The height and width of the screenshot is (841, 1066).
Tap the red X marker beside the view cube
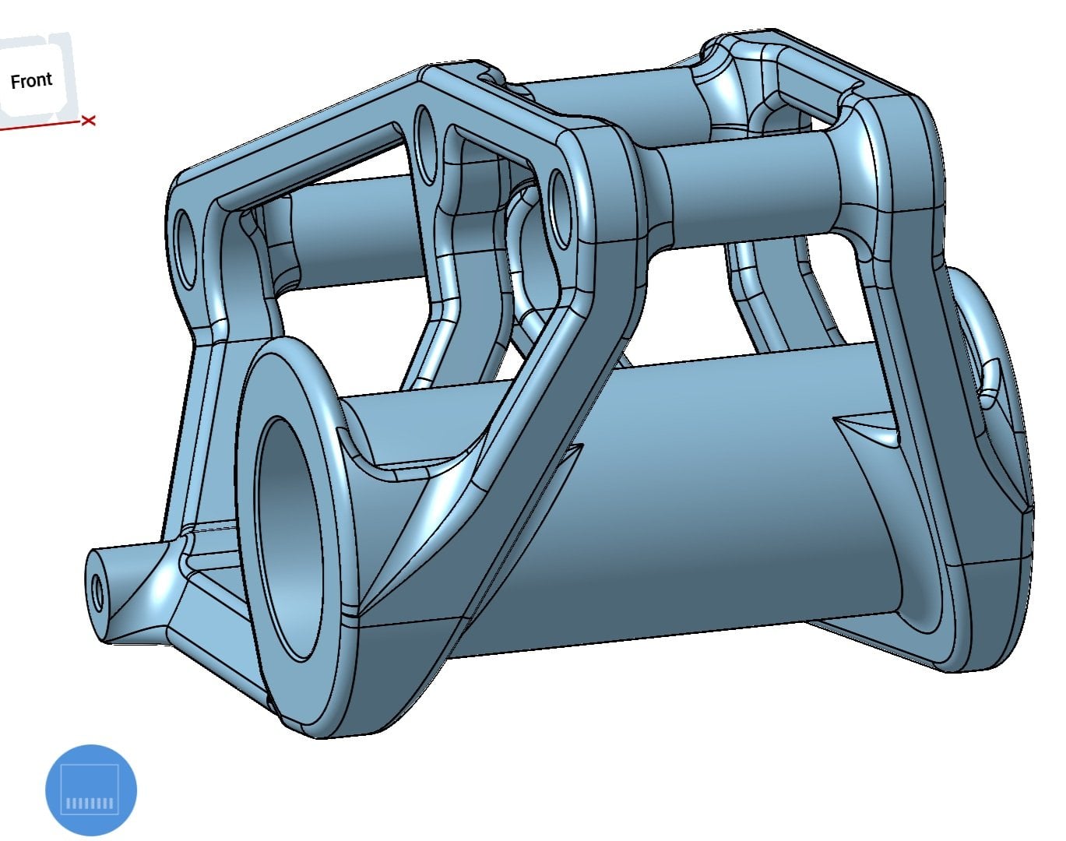coord(89,121)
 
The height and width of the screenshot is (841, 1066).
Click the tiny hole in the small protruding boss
coord(97,591)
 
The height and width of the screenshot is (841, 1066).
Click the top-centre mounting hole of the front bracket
coord(425,143)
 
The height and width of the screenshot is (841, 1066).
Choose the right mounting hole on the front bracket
coord(561,209)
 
